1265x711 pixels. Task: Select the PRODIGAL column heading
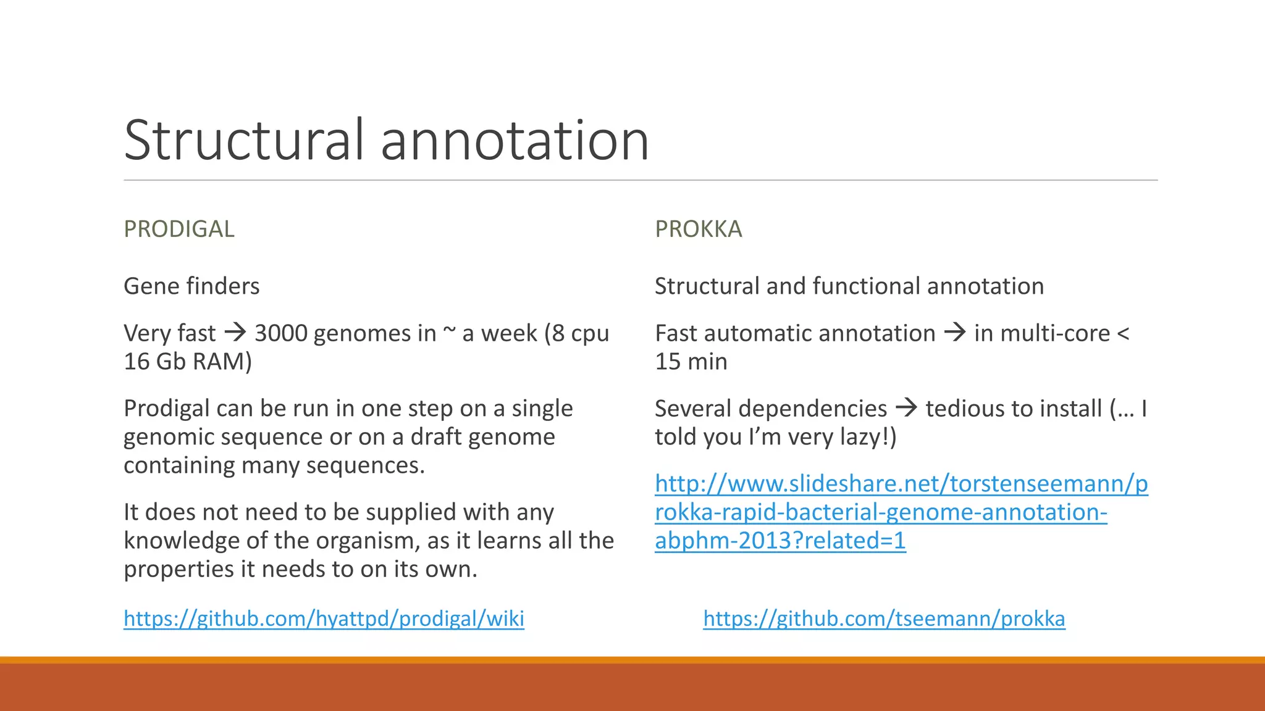tap(179, 229)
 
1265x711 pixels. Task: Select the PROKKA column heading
tap(699, 229)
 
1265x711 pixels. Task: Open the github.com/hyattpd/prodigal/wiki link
tap(324, 618)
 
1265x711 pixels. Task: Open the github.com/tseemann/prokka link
tap(884, 618)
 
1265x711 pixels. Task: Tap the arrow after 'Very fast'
tap(235, 333)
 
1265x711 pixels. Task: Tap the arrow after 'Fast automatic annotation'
tap(955, 333)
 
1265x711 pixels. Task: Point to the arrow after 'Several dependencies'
tap(906, 408)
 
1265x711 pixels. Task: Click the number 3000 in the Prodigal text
tap(281, 333)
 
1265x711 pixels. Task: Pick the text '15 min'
tap(691, 362)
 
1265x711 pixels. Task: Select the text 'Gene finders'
tap(191, 286)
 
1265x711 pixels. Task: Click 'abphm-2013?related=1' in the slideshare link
tap(780, 541)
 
